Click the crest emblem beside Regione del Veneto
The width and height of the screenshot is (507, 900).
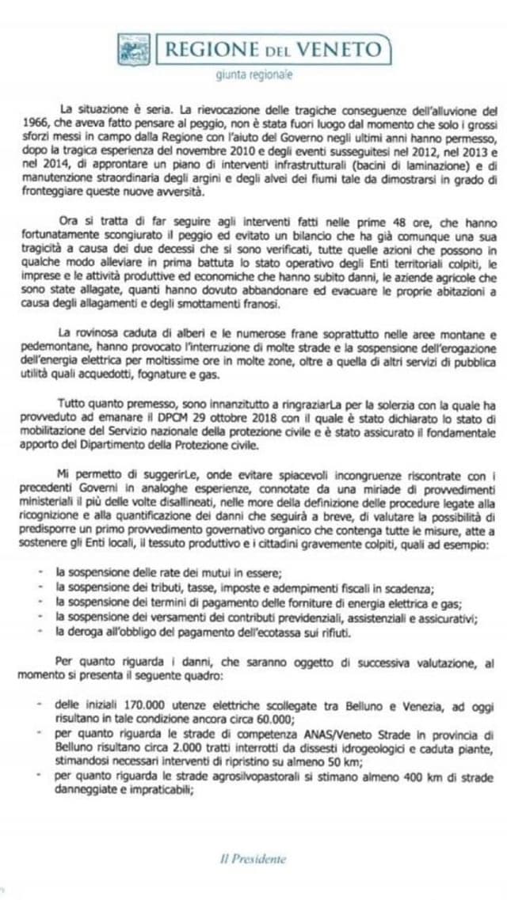tap(134, 49)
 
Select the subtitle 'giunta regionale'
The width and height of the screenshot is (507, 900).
tap(253, 75)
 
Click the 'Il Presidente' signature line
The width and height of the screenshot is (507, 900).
tap(253, 859)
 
